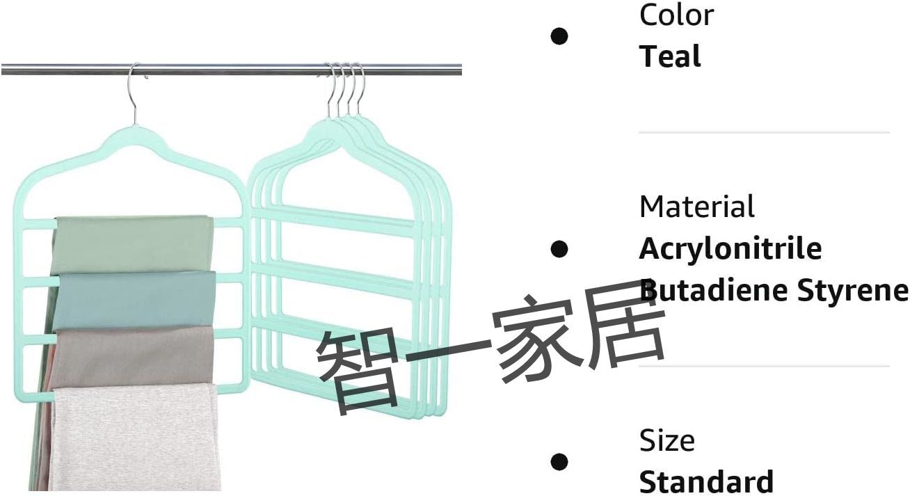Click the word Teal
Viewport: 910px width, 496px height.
pyautogui.click(x=670, y=56)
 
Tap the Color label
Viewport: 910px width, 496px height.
pyautogui.click(x=676, y=15)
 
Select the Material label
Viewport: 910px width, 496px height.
pyautogui.click(x=696, y=207)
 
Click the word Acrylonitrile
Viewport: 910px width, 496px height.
pyautogui.click(x=731, y=248)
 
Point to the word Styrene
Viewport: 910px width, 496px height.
pyautogui.click(x=852, y=291)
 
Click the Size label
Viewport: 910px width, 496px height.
pyautogui.click(x=666, y=440)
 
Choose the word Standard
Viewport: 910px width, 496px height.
pyautogui.click(x=706, y=482)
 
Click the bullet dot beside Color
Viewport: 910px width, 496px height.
pyautogui.click(x=559, y=35)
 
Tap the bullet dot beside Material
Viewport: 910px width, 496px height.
pyautogui.click(x=559, y=248)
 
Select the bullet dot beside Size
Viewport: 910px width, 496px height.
pyautogui.click(x=559, y=461)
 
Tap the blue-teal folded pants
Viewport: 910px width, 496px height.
pyautogui.click(x=134, y=300)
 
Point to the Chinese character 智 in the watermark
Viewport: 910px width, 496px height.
pyautogui.click(x=358, y=369)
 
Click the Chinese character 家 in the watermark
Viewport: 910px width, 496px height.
pyautogui.click(x=533, y=337)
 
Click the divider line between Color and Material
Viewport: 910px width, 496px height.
pyautogui.click(x=764, y=132)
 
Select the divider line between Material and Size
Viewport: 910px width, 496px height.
pyautogui.click(x=764, y=366)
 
